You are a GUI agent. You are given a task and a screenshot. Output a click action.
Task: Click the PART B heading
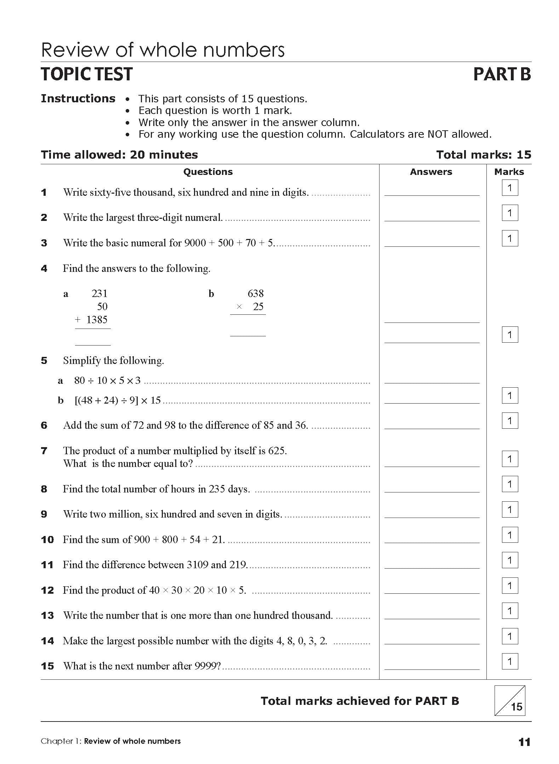coord(502,74)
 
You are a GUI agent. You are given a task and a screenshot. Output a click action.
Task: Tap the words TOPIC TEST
coord(87,74)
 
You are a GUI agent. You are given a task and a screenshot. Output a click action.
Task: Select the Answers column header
coord(431,172)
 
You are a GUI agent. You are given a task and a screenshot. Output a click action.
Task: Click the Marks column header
coord(509,172)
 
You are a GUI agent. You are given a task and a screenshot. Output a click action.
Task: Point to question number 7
coord(44,451)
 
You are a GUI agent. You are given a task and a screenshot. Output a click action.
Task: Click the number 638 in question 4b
coord(256,293)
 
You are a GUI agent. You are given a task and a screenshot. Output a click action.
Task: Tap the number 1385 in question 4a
coord(97,320)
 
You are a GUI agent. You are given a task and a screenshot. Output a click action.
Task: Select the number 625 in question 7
coord(276,451)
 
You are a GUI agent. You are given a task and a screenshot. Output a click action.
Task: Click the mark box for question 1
coord(510,188)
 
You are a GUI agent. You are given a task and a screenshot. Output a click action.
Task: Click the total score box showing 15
coord(510,701)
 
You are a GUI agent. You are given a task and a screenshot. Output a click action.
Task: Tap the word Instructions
coord(78,98)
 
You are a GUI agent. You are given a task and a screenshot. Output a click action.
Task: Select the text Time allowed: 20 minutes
coord(119,155)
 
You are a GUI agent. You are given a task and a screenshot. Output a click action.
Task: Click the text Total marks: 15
coord(484,155)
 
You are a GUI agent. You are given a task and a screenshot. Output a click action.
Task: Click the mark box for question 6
coord(510,421)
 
